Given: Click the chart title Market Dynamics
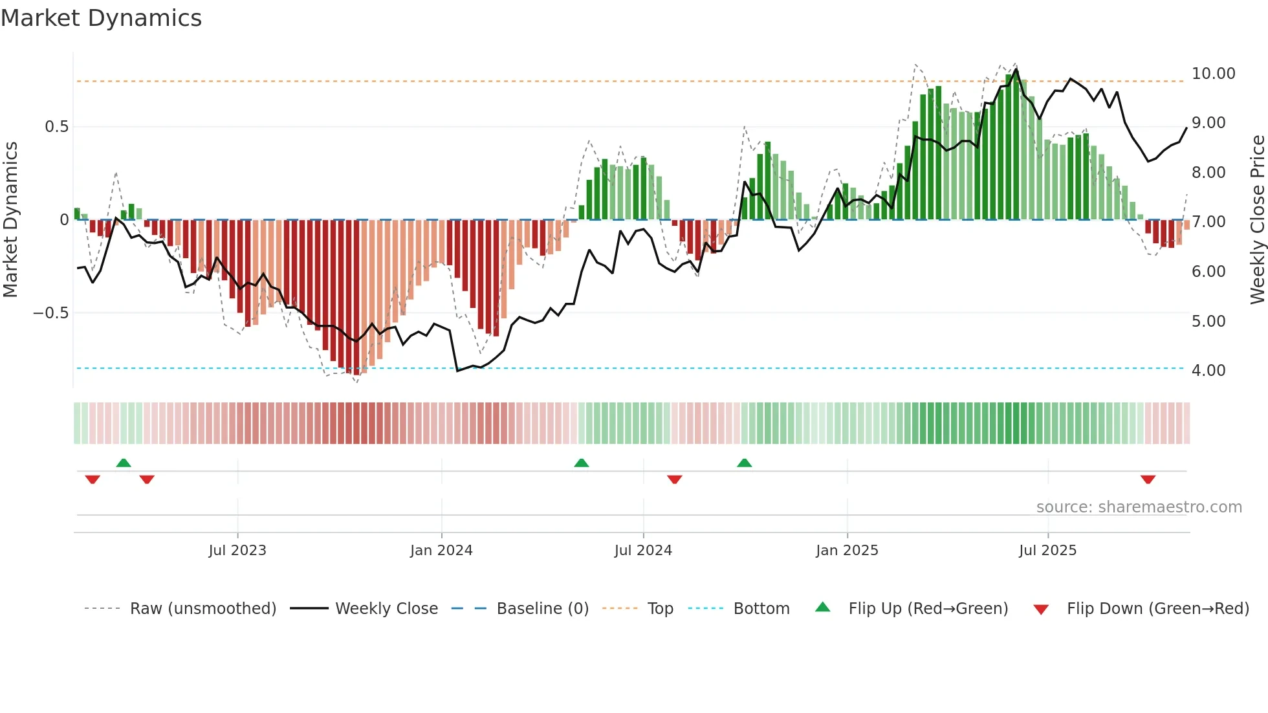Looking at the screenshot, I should [x=102, y=18].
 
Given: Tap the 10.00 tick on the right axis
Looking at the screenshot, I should [x=1213, y=74].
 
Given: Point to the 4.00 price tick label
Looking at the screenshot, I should [x=1208, y=371].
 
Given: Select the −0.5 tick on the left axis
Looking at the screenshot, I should [x=50, y=313].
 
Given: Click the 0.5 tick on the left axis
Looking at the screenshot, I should [x=56, y=127].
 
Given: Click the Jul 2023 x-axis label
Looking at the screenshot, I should [x=237, y=551].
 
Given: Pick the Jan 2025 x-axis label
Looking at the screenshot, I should [x=847, y=551].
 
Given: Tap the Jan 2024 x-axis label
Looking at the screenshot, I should [x=441, y=551].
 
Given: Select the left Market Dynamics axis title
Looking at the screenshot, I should [x=11, y=220].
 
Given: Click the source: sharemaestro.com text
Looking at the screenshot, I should [x=1139, y=507].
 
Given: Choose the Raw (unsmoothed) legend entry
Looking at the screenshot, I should [x=202, y=609].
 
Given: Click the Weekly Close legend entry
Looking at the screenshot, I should [x=386, y=609].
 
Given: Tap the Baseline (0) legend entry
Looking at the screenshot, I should [x=542, y=609].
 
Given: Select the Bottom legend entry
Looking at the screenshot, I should [x=761, y=609].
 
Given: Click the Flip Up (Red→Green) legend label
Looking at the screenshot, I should [x=928, y=609].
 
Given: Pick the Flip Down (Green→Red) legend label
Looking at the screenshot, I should [x=1157, y=609].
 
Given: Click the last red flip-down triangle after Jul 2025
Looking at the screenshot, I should [x=1148, y=479].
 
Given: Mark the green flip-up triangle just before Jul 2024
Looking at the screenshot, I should [x=581, y=463].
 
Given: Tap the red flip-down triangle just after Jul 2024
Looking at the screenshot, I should [x=674, y=479].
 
